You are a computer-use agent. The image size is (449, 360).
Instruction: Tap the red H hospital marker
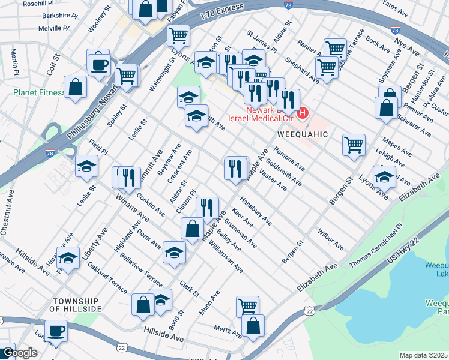point(303,112)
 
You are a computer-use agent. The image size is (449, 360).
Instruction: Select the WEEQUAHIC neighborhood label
point(303,134)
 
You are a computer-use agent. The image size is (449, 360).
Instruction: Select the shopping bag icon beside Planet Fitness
point(76,87)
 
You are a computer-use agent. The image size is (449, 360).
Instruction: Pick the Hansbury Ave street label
point(256,211)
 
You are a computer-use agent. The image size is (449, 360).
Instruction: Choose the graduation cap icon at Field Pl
point(86,166)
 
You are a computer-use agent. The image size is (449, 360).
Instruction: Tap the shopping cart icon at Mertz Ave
point(247,306)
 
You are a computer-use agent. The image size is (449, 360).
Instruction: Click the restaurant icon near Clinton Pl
point(206,208)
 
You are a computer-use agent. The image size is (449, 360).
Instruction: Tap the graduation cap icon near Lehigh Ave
point(384,176)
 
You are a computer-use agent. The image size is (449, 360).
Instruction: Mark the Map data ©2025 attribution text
point(423,355)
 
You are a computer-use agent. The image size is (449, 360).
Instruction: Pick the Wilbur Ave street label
point(331,238)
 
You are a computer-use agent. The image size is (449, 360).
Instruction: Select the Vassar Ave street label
point(273,178)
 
